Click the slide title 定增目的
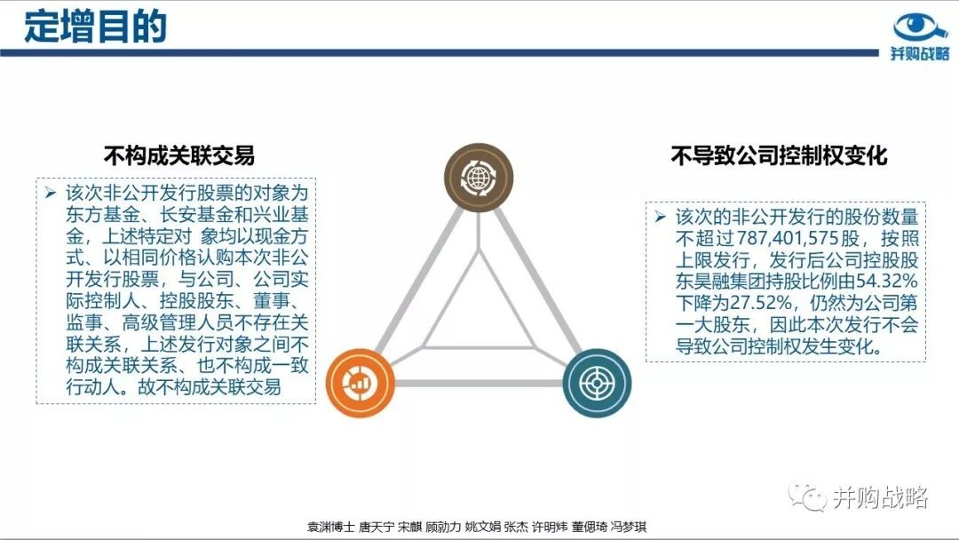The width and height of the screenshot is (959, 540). coord(95,26)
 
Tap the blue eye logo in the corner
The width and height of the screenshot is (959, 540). coord(920,28)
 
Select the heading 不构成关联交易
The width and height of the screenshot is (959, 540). coord(179,155)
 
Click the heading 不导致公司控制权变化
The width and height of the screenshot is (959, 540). coord(780,155)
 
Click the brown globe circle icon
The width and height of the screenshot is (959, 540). coord(479,178)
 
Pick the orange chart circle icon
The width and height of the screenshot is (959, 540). coord(360,383)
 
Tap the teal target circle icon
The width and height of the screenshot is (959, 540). coord(597,383)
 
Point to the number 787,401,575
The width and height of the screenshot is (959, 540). coord(789,239)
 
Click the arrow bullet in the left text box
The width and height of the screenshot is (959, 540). coord(50,194)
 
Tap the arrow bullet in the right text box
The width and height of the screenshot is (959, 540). coord(660,217)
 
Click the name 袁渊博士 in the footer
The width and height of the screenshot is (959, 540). coord(330,527)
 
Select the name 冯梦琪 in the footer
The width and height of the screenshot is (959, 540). coord(628,527)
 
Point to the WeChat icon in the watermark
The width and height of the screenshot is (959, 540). coord(807,496)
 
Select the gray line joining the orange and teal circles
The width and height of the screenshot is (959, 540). coord(479,384)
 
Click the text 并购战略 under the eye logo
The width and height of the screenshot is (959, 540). coord(920,54)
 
